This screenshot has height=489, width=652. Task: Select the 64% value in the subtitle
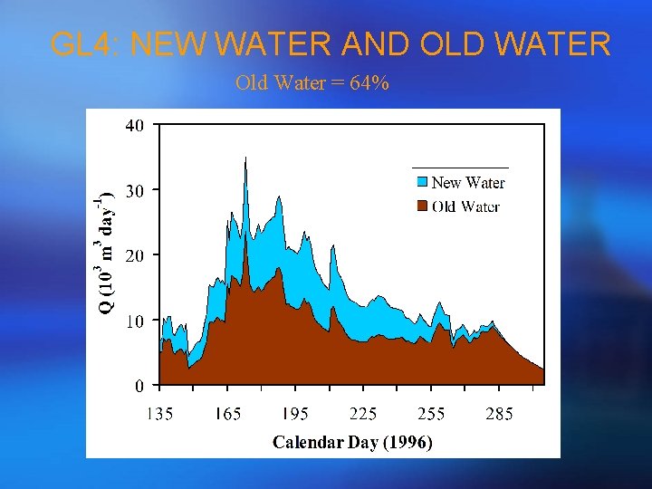pyautogui.click(x=371, y=83)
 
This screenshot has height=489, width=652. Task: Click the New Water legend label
pyautogui.click(x=468, y=183)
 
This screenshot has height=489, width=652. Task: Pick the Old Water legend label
pyautogui.click(x=466, y=206)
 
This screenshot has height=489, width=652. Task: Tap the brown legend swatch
pyautogui.click(x=422, y=206)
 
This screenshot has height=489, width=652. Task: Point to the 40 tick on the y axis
pyautogui.click(x=133, y=126)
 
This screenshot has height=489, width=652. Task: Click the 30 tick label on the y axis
pyautogui.click(x=133, y=191)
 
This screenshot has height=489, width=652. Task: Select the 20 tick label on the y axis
pyautogui.click(x=133, y=256)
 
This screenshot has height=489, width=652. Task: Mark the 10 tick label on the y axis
pyautogui.click(x=133, y=321)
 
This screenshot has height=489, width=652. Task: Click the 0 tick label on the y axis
pyautogui.click(x=138, y=387)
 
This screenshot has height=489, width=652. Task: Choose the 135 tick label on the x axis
pyautogui.click(x=160, y=414)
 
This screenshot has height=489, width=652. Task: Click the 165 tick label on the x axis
pyautogui.click(x=227, y=414)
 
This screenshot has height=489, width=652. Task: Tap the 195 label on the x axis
pyautogui.click(x=295, y=414)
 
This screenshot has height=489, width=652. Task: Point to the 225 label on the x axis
pyautogui.click(x=363, y=414)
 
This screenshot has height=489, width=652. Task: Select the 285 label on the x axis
pyautogui.click(x=499, y=414)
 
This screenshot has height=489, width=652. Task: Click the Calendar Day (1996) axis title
pyautogui.click(x=352, y=443)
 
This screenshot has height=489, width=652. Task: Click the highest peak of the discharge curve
pyautogui.click(x=245, y=158)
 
